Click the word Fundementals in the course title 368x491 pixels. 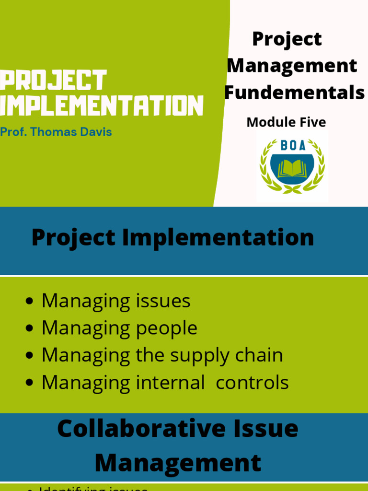[x=294, y=93]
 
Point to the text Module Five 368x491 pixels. [x=286, y=122]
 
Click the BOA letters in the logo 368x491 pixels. [x=292, y=146]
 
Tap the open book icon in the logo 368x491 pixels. [x=292, y=168]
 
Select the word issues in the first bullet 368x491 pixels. [x=164, y=301]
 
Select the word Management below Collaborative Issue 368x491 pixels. [x=178, y=463]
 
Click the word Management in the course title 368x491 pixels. [x=292, y=66]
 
